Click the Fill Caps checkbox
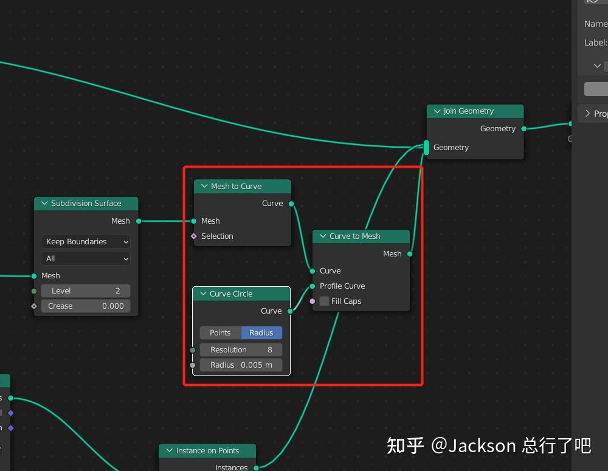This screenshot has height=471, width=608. pos(325,301)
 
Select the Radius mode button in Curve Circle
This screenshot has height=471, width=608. pos(261,332)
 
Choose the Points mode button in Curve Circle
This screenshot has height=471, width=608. pos(220,332)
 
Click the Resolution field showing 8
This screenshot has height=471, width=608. pos(241,349)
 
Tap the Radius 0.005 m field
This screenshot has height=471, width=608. pos(241,365)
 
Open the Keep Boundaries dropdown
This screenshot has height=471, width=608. pos(85,241)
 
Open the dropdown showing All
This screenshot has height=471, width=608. pos(85,258)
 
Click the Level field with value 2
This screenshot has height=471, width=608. pos(85,291)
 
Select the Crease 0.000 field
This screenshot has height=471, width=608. pos(85,306)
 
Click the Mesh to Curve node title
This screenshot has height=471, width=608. pos(236,187)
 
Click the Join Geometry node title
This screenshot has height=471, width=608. pos(468,111)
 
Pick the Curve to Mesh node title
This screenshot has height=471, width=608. pos(355,236)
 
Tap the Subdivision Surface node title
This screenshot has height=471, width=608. pos(86,204)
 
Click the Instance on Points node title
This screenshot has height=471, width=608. pos(207,451)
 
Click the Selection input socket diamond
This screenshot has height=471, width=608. pos(194,236)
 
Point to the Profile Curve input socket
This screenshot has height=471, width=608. pos(313,286)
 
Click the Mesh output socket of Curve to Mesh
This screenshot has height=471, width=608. pos(410,254)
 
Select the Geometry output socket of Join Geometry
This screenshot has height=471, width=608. pos(524,129)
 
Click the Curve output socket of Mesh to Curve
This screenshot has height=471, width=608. pos(291,204)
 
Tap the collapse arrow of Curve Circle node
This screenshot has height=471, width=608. pos(203,294)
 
